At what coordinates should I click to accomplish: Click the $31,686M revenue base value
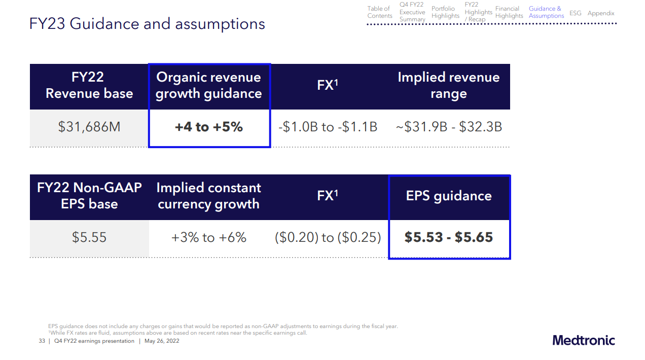(x=89, y=127)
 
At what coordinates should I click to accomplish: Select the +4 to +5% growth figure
(x=209, y=127)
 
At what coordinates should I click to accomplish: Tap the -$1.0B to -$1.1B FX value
(x=328, y=127)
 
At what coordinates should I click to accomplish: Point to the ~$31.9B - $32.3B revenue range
(x=449, y=127)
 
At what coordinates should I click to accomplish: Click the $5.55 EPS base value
(x=89, y=237)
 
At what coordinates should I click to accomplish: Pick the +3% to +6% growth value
(x=209, y=237)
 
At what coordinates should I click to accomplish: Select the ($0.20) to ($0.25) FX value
(x=328, y=237)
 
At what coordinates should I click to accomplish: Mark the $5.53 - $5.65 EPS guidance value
(x=449, y=237)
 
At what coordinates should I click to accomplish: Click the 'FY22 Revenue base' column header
(x=89, y=85)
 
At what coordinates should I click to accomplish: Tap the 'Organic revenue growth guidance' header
(x=209, y=85)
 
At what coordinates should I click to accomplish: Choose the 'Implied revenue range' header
(x=449, y=85)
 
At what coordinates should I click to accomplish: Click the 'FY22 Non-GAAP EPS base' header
(x=89, y=196)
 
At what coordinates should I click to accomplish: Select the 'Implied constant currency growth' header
(x=209, y=196)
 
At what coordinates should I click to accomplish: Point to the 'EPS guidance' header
(x=449, y=196)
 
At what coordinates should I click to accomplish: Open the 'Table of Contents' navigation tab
(x=379, y=12)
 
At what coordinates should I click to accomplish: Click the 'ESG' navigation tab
(x=576, y=13)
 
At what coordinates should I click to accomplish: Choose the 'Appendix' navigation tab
(x=601, y=13)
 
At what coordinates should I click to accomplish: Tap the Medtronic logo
(x=584, y=340)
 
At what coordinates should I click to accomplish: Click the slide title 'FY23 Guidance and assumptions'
(x=147, y=24)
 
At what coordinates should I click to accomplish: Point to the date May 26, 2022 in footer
(x=162, y=341)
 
